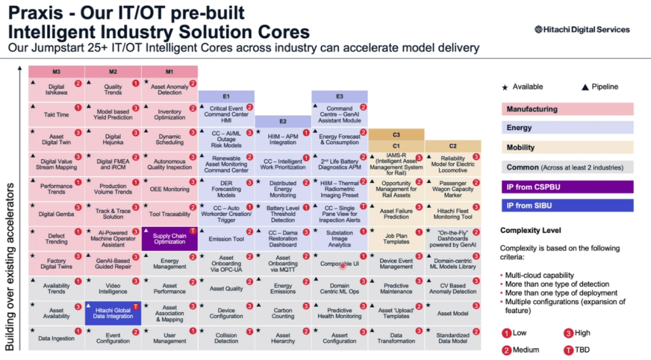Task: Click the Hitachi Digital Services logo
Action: click(x=582, y=29)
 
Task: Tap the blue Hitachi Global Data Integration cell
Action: click(x=113, y=313)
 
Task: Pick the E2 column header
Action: click(x=283, y=121)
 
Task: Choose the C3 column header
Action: click(x=396, y=134)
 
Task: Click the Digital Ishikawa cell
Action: click(x=56, y=90)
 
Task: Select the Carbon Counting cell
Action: click(x=283, y=313)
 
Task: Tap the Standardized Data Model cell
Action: click(x=453, y=337)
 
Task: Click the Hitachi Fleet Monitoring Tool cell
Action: click(x=453, y=214)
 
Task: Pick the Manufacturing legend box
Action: click(x=566, y=109)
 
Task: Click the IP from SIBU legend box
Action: click(x=566, y=205)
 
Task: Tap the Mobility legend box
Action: click(x=566, y=147)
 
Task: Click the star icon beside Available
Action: click(x=504, y=87)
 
